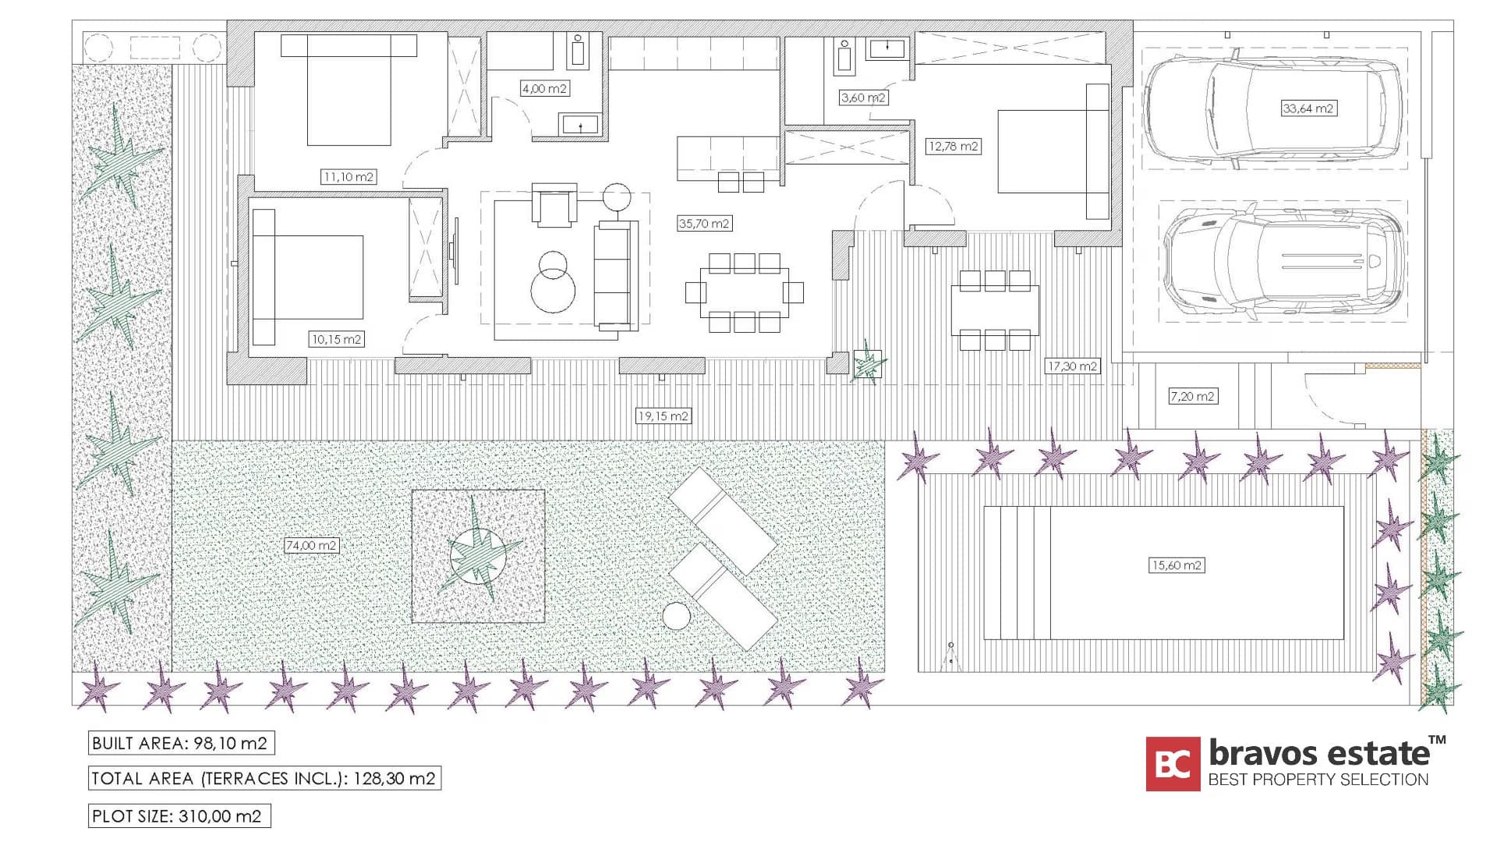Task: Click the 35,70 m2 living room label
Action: click(x=704, y=224)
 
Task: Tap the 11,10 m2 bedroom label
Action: click(x=349, y=177)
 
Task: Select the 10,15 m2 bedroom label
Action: click(x=336, y=339)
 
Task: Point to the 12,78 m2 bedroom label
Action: click(x=953, y=146)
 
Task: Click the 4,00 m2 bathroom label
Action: click(x=544, y=88)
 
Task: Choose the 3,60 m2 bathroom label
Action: click(x=863, y=97)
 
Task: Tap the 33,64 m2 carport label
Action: click(x=1308, y=108)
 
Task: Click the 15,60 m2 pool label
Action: click(x=1177, y=565)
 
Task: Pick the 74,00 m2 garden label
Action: click(x=311, y=545)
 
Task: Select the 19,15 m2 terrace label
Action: click(x=663, y=416)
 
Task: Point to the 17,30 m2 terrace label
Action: click(x=1072, y=366)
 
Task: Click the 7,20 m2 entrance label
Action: click(x=1192, y=396)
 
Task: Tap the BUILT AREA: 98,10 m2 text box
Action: click(x=181, y=743)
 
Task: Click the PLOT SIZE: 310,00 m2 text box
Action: click(x=179, y=816)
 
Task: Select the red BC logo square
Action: click(x=1173, y=764)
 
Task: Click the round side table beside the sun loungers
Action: click(x=676, y=617)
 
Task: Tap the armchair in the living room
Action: click(x=554, y=205)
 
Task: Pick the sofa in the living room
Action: click(x=616, y=275)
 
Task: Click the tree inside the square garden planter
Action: click(x=477, y=555)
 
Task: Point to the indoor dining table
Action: click(x=744, y=292)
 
